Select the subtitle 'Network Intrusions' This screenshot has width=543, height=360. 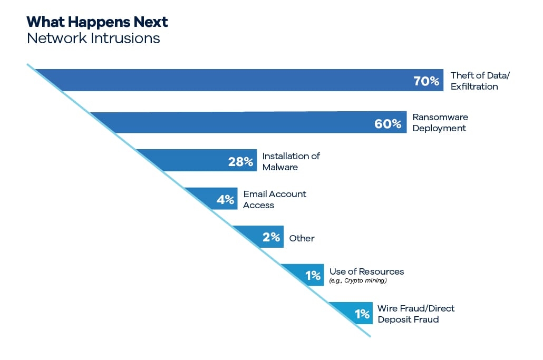point(93,38)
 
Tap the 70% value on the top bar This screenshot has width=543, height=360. point(426,81)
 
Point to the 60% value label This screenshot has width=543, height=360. point(388,123)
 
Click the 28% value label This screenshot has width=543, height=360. point(241,161)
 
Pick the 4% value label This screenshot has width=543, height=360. point(225,199)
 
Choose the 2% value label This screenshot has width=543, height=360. point(271,237)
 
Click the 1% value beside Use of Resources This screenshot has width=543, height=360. point(313,275)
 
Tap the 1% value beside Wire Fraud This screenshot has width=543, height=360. point(362,314)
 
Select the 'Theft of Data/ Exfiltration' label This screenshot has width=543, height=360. point(480,81)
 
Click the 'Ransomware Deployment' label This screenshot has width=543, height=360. point(440,122)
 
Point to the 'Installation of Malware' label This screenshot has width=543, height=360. point(291,162)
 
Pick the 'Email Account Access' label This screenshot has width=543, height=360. point(275,199)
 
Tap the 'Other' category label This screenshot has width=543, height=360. point(302,238)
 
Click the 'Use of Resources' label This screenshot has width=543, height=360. point(367,271)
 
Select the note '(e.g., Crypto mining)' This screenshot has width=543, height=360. point(358,280)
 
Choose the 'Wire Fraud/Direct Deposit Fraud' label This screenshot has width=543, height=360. point(416,314)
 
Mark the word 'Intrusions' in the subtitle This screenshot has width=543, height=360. point(125,38)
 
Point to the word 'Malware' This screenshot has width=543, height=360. point(280,167)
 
